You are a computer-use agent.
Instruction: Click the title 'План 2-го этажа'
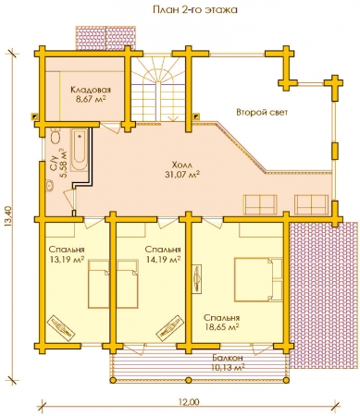tap(195, 9)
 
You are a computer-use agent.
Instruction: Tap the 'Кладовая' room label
tap(91, 90)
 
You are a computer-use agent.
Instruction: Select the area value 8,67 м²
tap(91, 99)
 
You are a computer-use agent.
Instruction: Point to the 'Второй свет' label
tap(262, 112)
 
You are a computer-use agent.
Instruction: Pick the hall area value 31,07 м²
tap(181, 175)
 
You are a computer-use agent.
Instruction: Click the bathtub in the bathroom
tap(80, 149)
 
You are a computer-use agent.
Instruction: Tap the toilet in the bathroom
tap(56, 137)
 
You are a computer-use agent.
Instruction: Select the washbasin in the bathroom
tap(49, 186)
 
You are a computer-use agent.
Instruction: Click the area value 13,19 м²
tap(68, 260)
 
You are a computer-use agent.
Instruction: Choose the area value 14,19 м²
tap(163, 260)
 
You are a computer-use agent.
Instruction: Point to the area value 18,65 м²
tap(222, 326)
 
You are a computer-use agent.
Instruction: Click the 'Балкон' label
tap(228, 358)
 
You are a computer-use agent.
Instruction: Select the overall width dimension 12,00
tap(189, 402)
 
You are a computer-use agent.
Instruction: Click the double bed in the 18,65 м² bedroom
tap(258, 279)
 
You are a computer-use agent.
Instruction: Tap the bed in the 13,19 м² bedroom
tap(99, 284)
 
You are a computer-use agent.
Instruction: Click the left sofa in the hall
tap(260, 204)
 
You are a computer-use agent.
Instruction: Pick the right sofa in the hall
tap(311, 204)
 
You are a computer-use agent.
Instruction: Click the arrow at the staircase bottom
tap(171, 117)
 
